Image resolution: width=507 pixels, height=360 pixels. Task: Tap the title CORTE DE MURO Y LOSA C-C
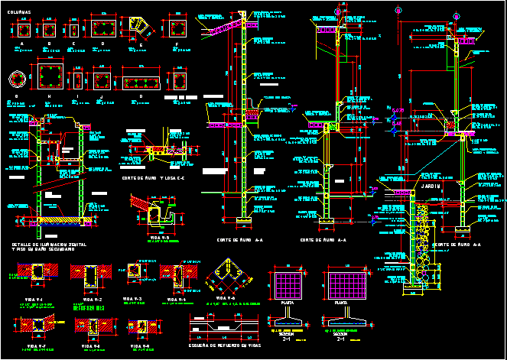point(153,179)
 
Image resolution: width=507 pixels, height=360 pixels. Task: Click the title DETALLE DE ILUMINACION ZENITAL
point(48,244)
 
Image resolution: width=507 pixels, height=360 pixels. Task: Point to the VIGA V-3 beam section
point(135,274)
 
